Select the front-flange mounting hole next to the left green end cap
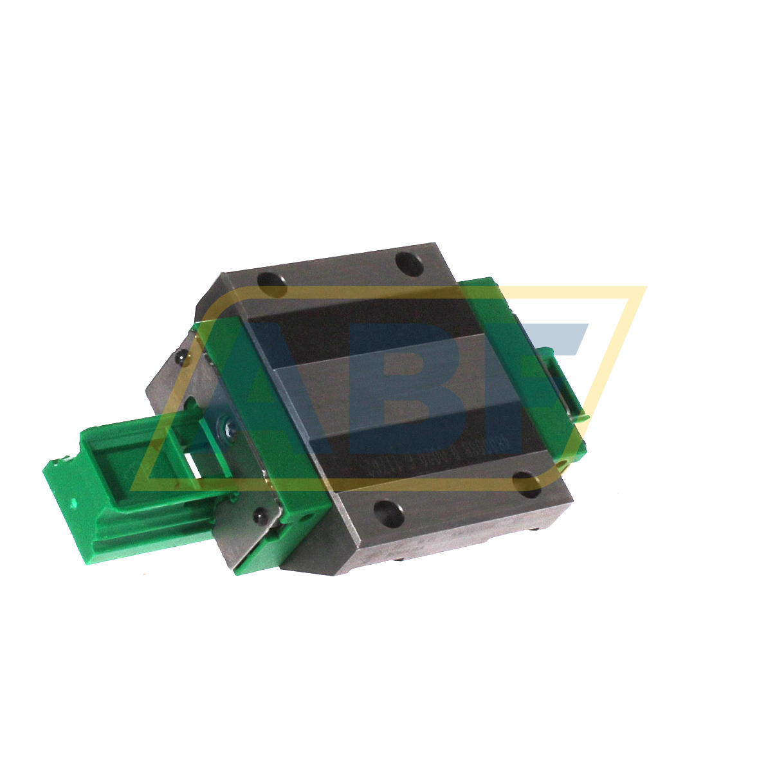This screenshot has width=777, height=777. (388, 511)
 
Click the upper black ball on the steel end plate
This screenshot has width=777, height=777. (183, 356)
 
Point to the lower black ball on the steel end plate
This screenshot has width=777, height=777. (260, 516)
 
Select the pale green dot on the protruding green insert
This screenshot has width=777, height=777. (77, 503)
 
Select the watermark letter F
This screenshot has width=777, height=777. (547, 360)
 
